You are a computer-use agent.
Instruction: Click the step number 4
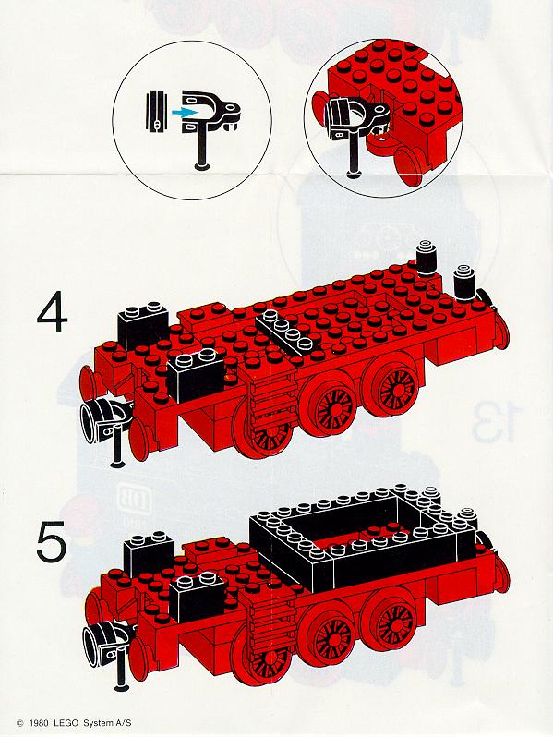pyautogui.click(x=52, y=311)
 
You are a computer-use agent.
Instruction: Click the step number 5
pyautogui.click(x=52, y=542)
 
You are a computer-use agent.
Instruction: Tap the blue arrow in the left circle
pyautogui.click(x=184, y=112)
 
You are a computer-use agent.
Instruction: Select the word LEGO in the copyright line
pyautogui.click(x=66, y=723)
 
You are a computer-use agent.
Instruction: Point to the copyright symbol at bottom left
pyautogui.click(x=19, y=723)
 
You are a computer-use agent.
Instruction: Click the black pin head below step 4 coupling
pyautogui.click(x=117, y=464)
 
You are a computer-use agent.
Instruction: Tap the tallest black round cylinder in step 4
pyautogui.click(x=427, y=258)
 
